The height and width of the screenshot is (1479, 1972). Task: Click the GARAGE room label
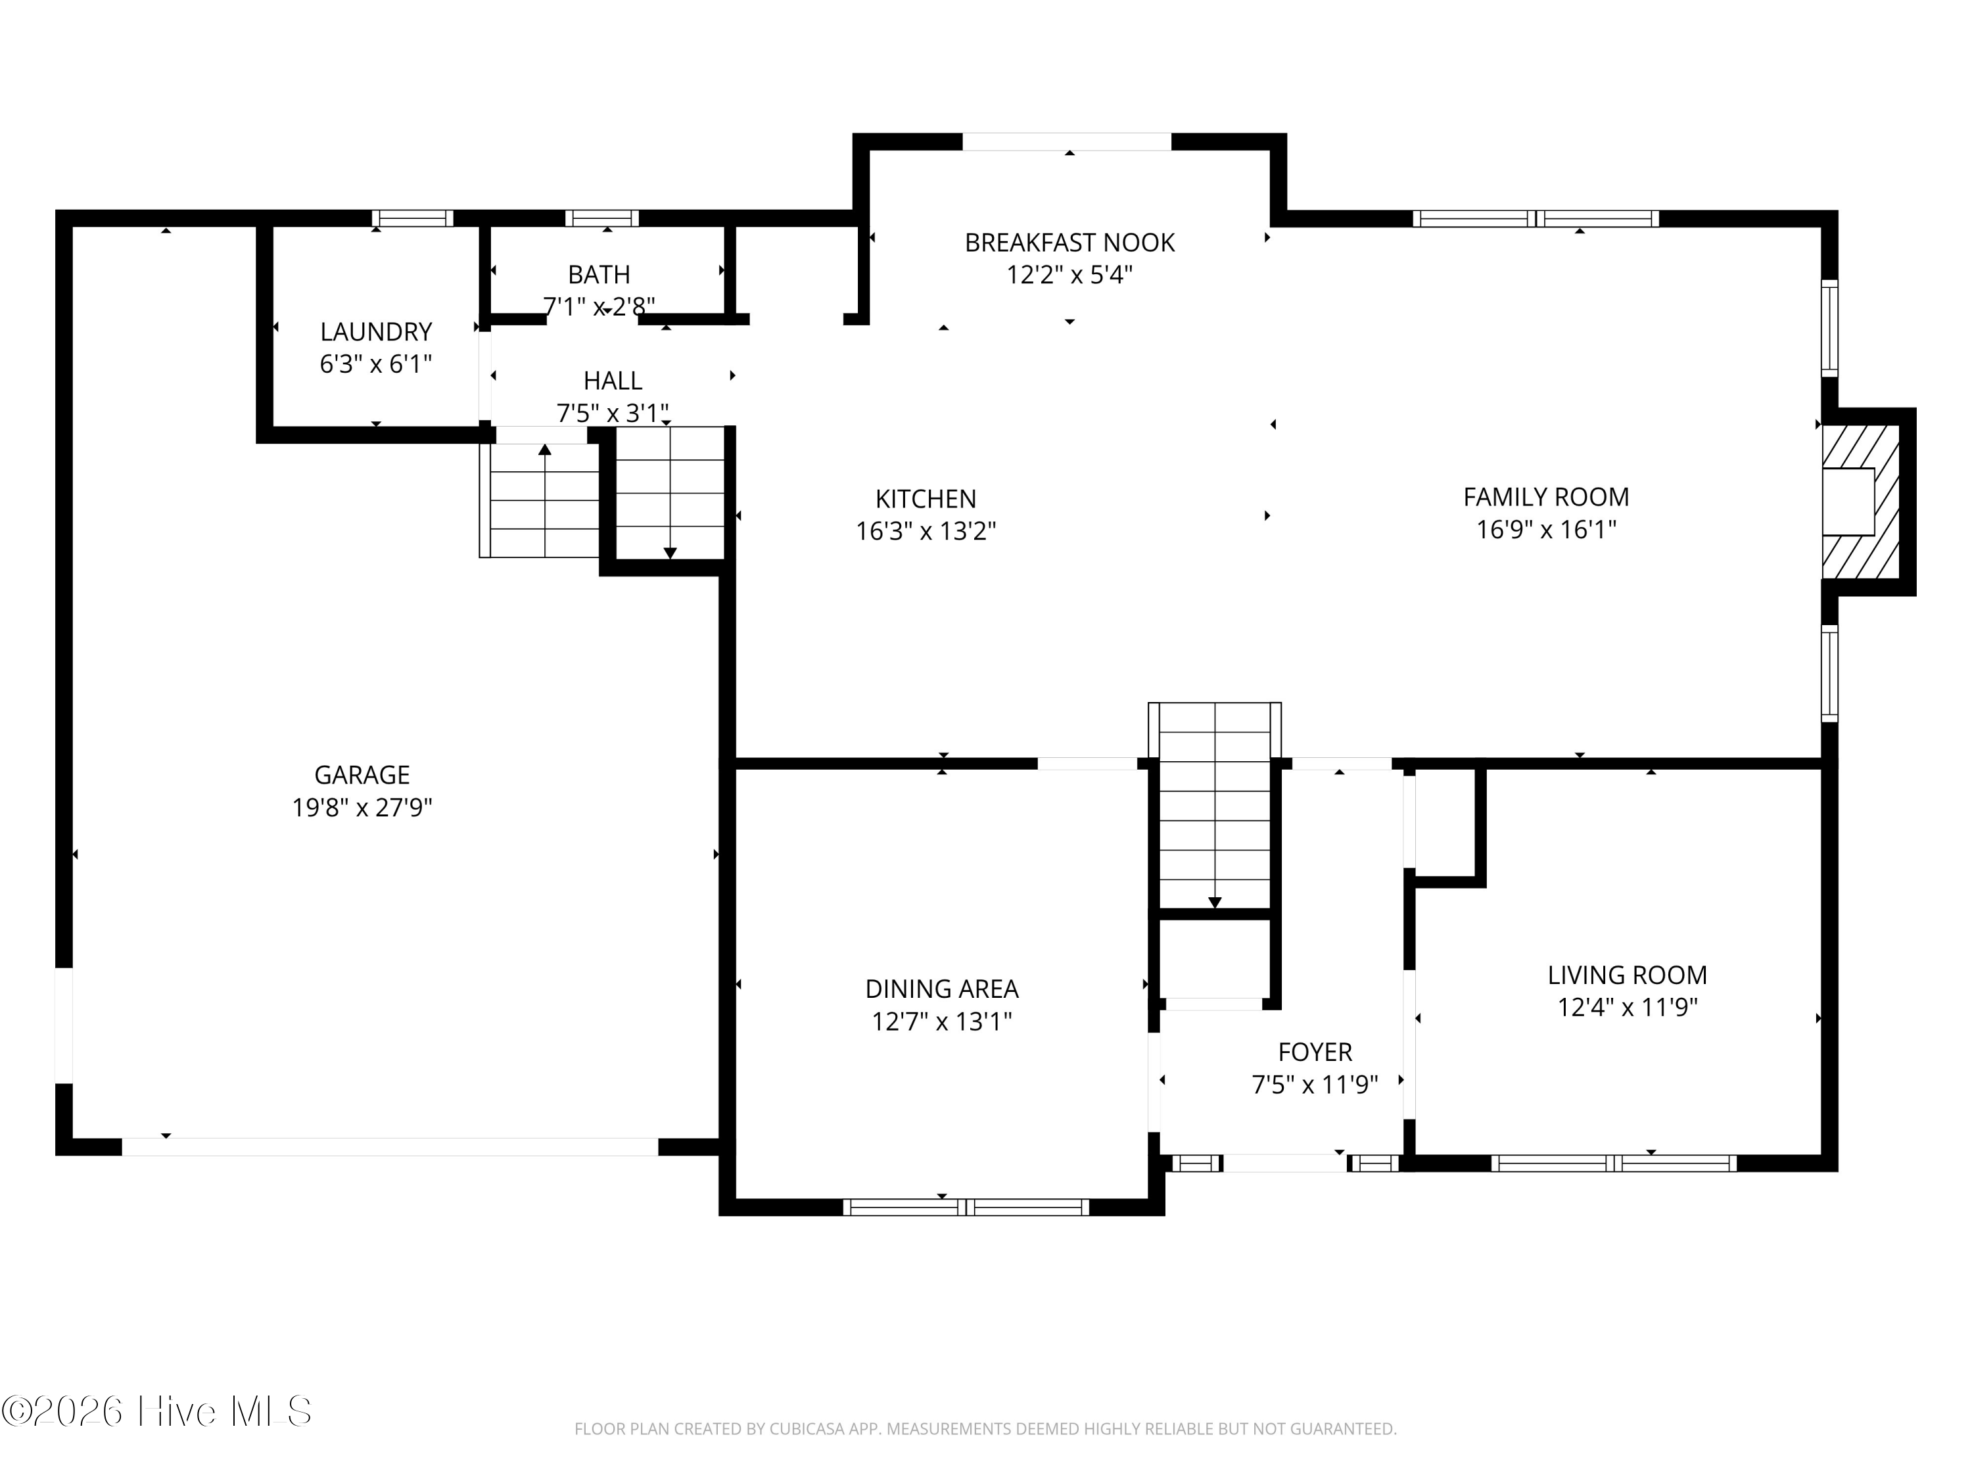coord(362,775)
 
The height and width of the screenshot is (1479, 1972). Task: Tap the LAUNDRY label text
coord(376,332)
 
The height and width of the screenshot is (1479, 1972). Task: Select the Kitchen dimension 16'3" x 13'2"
coord(926,531)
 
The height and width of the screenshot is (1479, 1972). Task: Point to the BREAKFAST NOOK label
coord(1069,243)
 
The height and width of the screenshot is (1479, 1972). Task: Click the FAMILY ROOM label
coord(1546,496)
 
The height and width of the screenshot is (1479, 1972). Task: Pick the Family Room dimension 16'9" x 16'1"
coord(1546,530)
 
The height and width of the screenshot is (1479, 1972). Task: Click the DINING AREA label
coord(941,989)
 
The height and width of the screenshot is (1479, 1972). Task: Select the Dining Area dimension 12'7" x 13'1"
coord(941,1021)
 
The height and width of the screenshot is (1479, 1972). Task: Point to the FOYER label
coord(1315,1052)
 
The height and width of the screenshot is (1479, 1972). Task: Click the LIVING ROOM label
coord(1627,975)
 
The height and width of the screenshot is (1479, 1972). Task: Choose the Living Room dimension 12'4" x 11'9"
coord(1627,1008)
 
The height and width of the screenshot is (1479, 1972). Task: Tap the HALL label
coord(613,381)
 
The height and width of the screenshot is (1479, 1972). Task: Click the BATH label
coord(599,275)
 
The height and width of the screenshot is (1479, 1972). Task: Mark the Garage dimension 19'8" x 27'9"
coord(362,808)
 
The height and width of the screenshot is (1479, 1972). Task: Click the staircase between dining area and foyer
coord(1214,807)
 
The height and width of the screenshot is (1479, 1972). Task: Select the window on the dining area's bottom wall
coord(966,1207)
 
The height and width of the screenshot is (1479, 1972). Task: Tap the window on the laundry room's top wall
coord(413,218)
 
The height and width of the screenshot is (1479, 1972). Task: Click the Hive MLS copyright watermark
coord(157,1411)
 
